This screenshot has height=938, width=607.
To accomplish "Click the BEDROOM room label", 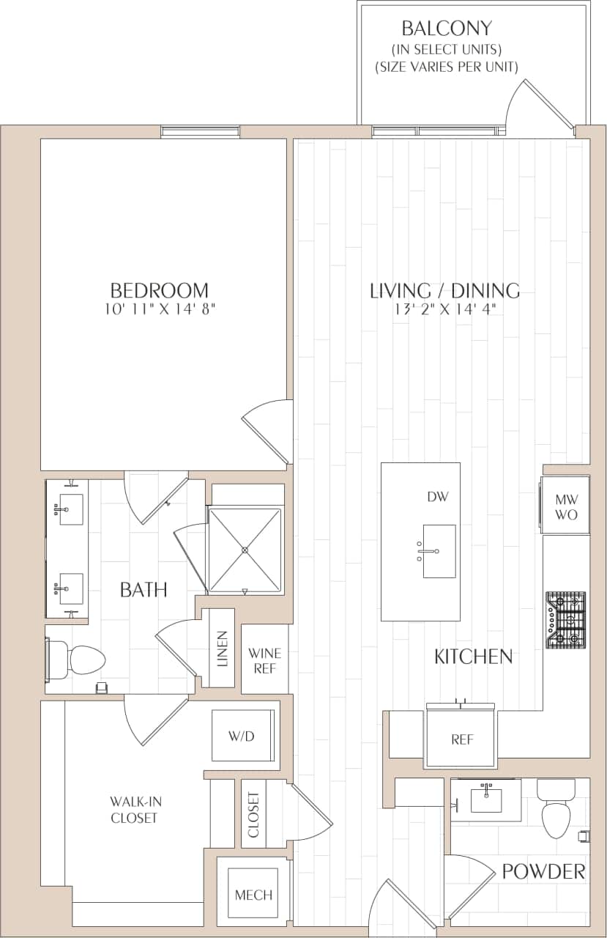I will (159, 290).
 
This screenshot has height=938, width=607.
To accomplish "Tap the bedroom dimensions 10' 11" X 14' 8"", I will (159, 309).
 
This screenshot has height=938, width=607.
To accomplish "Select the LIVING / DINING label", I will (444, 290).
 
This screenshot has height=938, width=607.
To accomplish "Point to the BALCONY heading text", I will (447, 29).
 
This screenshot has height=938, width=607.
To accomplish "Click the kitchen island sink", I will (439, 551).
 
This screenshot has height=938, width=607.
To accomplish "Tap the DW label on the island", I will (437, 497).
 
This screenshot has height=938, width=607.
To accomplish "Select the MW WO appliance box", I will (565, 506).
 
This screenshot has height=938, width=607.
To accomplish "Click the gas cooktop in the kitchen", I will (565, 620).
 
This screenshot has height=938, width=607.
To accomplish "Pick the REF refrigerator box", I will (461, 739).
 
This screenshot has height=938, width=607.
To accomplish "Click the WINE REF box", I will (264, 660).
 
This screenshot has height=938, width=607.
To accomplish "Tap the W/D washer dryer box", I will (241, 736).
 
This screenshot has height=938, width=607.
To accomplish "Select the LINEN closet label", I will (222, 649).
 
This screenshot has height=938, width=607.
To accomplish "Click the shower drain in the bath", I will (245, 550).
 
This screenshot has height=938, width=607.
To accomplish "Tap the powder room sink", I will (486, 799).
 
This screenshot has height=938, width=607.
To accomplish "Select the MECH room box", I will (253, 894).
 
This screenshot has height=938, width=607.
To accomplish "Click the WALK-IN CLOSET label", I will (134, 810).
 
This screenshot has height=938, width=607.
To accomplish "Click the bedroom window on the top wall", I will (200, 132).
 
